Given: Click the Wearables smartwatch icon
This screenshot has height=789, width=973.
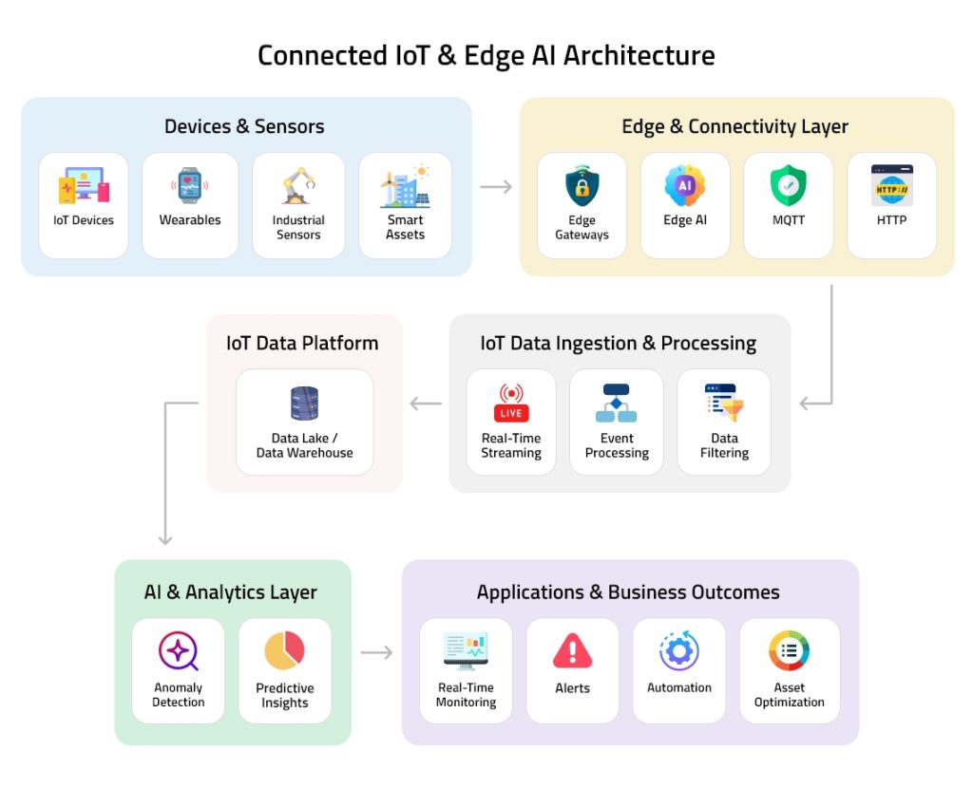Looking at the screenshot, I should (x=189, y=186).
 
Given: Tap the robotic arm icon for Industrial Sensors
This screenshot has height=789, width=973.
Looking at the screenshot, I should (x=298, y=186).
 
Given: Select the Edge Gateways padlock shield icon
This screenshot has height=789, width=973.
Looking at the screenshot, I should (x=582, y=187).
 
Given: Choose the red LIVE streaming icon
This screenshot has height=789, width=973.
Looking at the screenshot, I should (x=511, y=403).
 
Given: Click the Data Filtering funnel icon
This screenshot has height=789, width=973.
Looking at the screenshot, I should (x=724, y=403).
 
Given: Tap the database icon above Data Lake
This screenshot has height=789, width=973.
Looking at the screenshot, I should (x=304, y=404).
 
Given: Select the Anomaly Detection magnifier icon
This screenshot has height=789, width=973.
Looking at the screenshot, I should (x=178, y=651).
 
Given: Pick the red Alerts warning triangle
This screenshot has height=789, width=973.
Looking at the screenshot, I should (x=572, y=651).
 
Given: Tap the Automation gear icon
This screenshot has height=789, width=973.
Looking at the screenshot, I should (x=679, y=651).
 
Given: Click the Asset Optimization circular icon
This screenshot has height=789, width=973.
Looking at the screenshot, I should (x=789, y=651).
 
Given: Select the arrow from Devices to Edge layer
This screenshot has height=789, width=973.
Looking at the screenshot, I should (x=496, y=187).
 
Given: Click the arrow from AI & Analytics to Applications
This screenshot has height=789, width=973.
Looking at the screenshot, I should (x=376, y=652).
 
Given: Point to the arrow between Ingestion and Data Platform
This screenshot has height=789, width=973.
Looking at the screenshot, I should (x=426, y=404).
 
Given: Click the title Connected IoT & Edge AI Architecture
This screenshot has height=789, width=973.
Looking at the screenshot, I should (x=486, y=55).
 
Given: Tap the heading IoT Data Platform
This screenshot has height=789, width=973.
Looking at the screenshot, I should (x=302, y=343).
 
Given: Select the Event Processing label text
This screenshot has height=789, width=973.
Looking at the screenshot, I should (x=617, y=445).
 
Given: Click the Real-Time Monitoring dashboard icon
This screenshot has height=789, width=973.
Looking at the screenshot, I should (x=466, y=651).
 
